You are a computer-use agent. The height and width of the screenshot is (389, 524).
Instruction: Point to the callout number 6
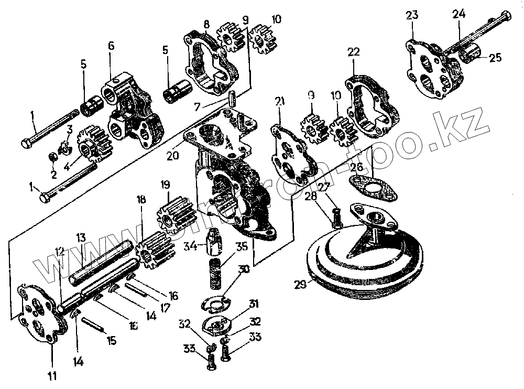point(111,46)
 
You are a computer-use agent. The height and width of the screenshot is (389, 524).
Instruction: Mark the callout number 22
point(354,52)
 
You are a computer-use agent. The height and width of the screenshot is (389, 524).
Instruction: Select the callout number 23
point(412,15)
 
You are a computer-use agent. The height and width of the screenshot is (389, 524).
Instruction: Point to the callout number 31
point(254,304)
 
